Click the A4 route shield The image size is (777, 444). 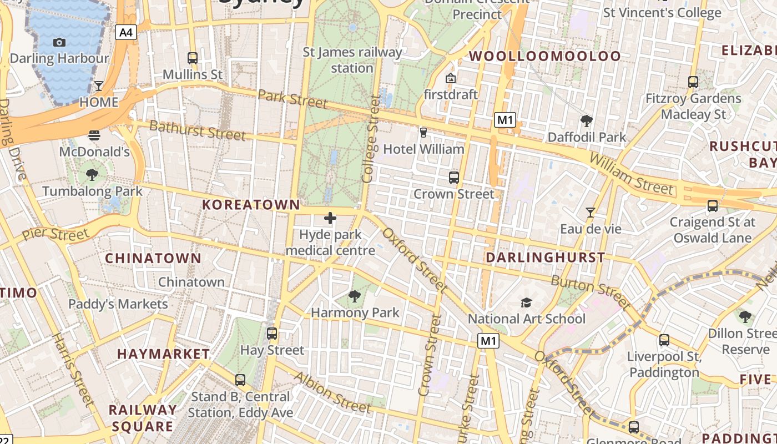[126, 32]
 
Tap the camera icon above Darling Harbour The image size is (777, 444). [59, 42]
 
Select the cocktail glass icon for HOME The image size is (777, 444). [99, 85]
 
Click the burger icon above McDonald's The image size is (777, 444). [94, 135]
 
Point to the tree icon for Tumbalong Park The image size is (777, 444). [92, 175]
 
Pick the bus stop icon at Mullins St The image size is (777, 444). [193, 58]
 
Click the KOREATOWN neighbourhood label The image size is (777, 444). [251, 205]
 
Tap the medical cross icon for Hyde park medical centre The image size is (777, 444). [330, 218]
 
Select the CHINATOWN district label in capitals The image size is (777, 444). [153, 258]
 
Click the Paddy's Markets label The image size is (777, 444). [118, 304]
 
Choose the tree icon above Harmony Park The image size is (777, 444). [355, 296]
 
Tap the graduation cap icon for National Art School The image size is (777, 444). [526, 302]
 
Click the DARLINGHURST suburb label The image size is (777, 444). [545, 258]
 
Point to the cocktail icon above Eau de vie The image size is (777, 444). [591, 213]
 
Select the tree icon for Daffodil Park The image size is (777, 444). [587, 120]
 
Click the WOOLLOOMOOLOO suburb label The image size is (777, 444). [545, 56]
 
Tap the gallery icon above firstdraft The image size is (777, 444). [450, 78]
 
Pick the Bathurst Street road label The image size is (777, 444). [197, 130]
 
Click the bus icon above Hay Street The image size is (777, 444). [272, 334]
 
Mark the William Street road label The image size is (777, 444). [631, 174]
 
